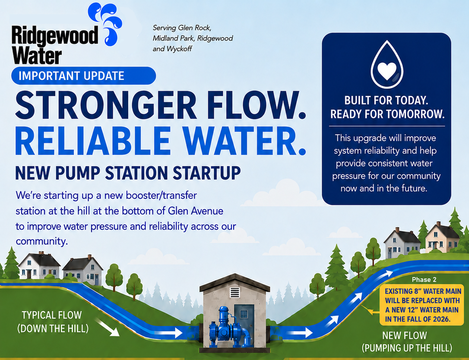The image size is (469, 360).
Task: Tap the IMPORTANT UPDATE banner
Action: pos(83,76)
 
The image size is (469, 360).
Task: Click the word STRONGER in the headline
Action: pos(105,106)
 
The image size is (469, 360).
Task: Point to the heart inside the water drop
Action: pos(387,71)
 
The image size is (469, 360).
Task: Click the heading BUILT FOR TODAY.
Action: pos(386,101)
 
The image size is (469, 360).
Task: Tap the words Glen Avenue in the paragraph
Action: pos(196,211)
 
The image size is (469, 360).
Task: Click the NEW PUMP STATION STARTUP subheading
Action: pos(128,173)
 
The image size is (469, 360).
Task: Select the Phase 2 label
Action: pos(424,280)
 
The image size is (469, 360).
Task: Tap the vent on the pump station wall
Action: pos(235,292)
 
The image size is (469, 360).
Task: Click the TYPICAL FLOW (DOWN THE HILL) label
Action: pos(53,322)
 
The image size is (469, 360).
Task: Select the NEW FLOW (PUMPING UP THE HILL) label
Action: pos(406,342)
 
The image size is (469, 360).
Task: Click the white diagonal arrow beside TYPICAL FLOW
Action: pos(107,327)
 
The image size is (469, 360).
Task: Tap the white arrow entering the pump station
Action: pos(169,332)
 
